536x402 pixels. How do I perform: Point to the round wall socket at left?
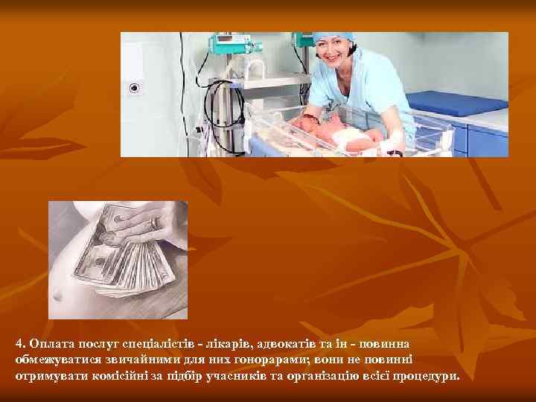tap(135, 88)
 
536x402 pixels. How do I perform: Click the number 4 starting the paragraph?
tap(18, 344)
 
